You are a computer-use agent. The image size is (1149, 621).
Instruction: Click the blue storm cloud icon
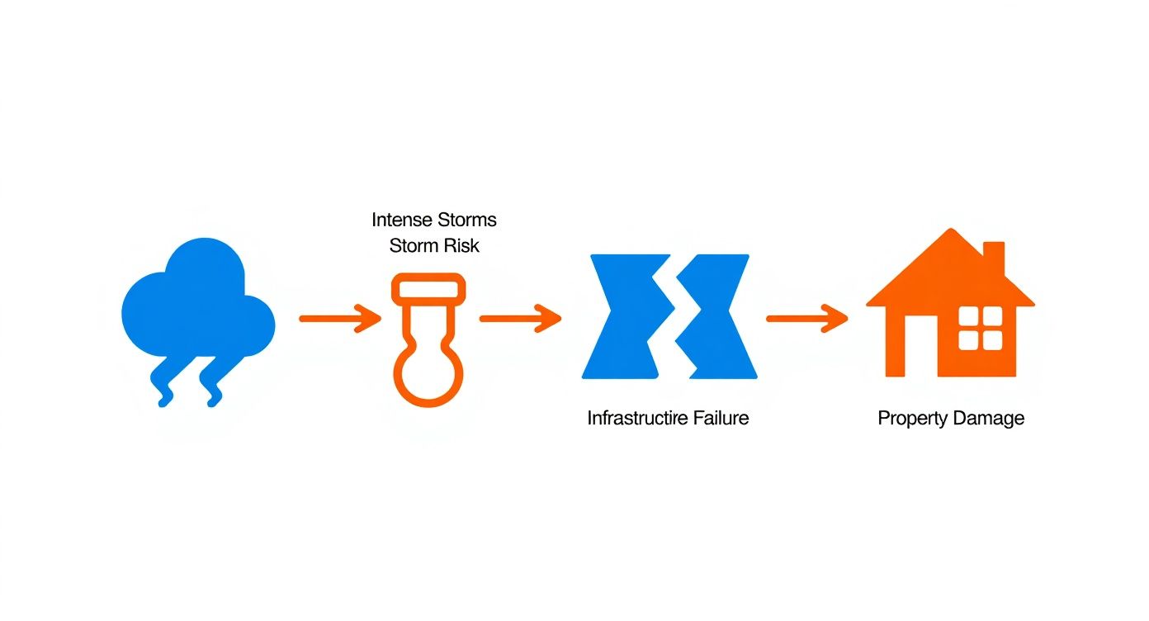click(198, 308)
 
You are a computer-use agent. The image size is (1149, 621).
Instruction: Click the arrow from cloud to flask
click(340, 319)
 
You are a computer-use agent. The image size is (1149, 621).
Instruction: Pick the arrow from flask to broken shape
click(520, 319)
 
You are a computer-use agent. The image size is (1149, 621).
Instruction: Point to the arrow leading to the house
click(807, 319)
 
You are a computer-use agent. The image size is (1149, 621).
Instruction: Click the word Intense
click(402, 220)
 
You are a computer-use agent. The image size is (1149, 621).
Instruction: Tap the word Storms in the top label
click(467, 220)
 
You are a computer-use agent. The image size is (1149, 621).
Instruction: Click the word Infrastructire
click(637, 419)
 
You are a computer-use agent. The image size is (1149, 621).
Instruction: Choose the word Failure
click(721, 419)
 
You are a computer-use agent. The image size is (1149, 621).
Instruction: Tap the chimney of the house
click(994, 259)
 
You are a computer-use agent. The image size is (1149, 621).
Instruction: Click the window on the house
click(981, 329)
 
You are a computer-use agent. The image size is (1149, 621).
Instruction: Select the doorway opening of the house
click(921, 347)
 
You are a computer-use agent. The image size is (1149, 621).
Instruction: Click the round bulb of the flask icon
click(428, 375)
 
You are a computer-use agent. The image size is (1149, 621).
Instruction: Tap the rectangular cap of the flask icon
click(428, 288)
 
